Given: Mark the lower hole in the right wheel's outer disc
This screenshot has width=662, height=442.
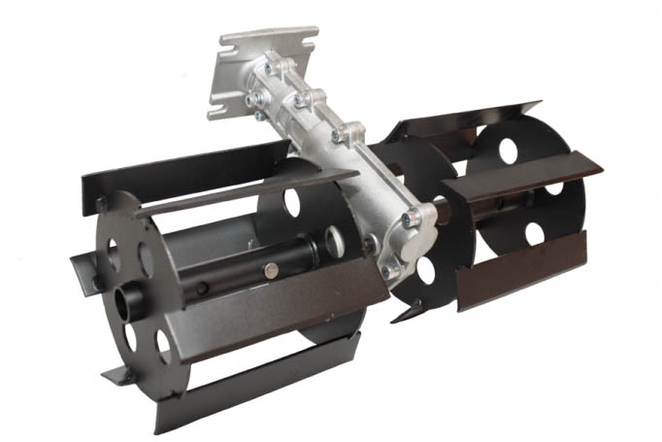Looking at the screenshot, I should coord(534,233).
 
